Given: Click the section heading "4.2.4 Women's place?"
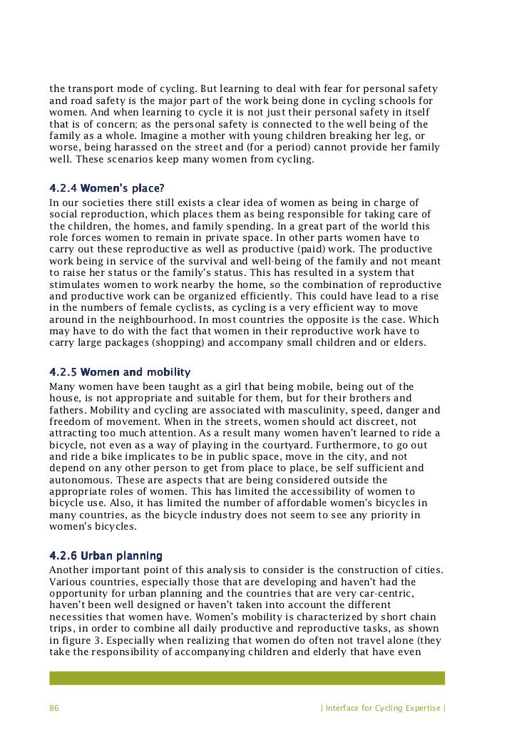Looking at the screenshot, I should coord(106,190).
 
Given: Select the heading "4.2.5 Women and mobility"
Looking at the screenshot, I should coord(119,373).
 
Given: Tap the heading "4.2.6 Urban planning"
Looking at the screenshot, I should coord(106,555).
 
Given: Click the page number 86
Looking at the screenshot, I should coord(55,709).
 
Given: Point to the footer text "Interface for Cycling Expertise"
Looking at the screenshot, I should coord(384,709).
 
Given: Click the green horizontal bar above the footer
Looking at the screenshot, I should coord(247,677).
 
